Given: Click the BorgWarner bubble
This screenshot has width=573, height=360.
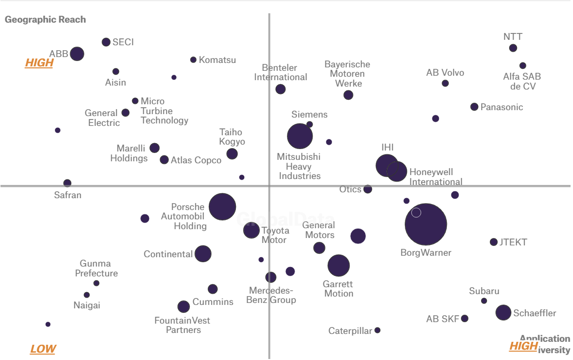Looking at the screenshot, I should (426, 224).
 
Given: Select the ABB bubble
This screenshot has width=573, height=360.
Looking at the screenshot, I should (77, 54).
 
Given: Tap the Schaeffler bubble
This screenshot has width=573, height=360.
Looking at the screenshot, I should (503, 312).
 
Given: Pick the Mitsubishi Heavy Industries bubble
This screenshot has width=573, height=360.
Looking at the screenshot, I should (300, 136).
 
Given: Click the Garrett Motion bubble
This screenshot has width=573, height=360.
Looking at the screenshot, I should (339, 266).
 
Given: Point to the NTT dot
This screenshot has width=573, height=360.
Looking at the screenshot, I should (513, 48).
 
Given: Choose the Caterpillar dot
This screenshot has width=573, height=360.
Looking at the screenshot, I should (377, 330).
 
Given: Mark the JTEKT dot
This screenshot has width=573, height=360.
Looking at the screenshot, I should (493, 242).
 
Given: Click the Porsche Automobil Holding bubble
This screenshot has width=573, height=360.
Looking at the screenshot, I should (222, 207).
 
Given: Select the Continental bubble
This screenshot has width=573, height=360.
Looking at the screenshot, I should (203, 254).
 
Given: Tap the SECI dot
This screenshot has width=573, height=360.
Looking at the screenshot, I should (106, 42).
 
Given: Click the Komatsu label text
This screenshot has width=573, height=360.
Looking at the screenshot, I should (217, 60).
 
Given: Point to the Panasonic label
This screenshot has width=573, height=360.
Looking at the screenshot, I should (502, 107).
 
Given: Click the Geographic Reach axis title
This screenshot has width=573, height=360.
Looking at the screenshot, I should (45, 20).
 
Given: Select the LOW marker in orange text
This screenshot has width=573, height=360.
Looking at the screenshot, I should (43, 349).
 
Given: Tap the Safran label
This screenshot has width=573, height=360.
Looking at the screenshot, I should (68, 195).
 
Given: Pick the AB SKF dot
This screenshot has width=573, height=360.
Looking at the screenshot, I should (464, 318).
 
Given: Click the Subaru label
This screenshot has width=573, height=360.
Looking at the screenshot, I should (484, 291).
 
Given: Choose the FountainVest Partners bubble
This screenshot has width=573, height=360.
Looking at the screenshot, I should (183, 307).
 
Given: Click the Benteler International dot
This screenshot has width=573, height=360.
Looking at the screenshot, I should (280, 89).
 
